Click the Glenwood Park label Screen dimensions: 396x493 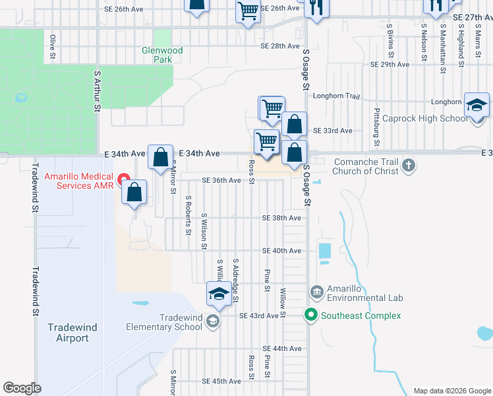pos(162,55)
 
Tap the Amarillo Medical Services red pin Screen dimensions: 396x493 pos(123,179)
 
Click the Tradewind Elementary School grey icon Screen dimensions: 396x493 pos(213,321)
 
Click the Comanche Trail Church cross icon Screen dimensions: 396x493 pos(409,165)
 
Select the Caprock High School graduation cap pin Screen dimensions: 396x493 pos(477,106)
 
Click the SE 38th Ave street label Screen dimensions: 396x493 pos(281,218)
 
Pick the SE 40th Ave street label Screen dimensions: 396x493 pos(281,251)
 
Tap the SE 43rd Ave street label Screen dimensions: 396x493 pos(260,316)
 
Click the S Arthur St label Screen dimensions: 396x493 pos(98,90)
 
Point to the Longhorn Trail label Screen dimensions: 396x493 pos(336,96)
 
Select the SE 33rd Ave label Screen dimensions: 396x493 pos(332,131)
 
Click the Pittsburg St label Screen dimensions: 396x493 pos(377,127)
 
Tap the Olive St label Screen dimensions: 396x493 pos(52,48)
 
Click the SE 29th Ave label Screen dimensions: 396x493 pos(390,65)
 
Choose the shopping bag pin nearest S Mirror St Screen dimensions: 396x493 pos(160,158)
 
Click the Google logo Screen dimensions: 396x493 pos(22,388)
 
